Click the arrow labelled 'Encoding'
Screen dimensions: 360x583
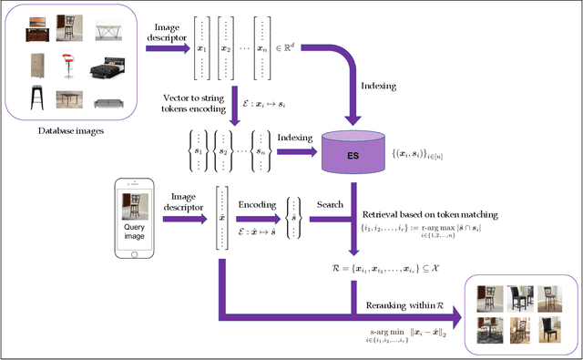click(x=257, y=218)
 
